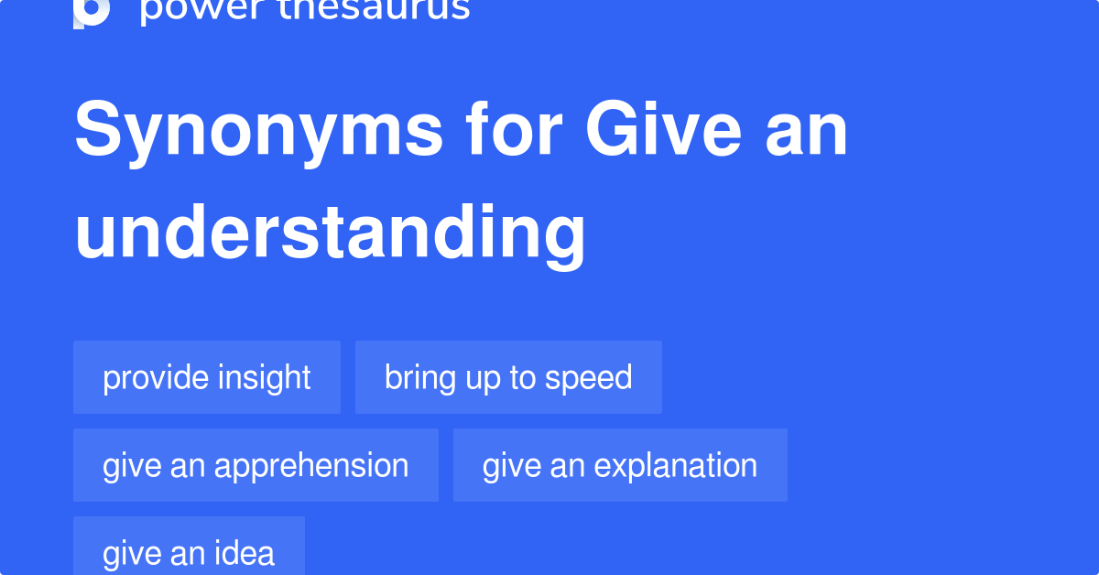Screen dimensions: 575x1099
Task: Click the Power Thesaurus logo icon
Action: (92, 12)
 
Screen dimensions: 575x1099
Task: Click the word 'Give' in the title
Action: (663, 131)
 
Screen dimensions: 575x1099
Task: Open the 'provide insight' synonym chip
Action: (207, 377)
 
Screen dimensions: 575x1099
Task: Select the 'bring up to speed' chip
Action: (508, 377)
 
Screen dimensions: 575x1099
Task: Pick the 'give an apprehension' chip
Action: (256, 465)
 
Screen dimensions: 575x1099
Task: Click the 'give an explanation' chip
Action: (620, 465)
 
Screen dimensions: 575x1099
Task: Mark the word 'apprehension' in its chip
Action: (311, 465)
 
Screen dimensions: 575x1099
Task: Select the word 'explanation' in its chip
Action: (676, 465)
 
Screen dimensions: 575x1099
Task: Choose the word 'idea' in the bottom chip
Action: (245, 552)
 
